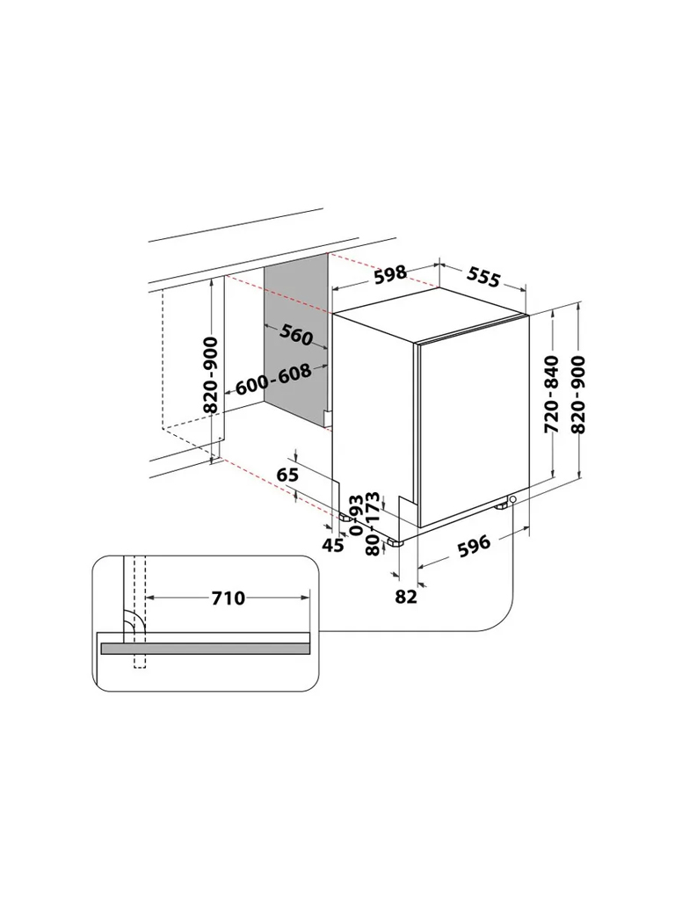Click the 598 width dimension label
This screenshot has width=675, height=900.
(390, 274)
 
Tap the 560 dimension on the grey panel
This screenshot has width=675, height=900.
(297, 335)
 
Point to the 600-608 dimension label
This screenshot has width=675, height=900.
(274, 380)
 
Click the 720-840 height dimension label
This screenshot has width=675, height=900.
(551, 395)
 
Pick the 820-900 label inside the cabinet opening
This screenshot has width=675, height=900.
(211, 374)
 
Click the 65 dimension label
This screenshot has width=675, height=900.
(287, 475)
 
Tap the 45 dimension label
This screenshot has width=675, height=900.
(333, 545)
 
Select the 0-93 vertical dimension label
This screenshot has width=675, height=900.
(356, 515)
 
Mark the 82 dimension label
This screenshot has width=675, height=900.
(406, 597)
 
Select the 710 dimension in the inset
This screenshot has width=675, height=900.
(229, 598)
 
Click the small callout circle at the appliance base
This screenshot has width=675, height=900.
(512, 499)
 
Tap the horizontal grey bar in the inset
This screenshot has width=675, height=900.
(205, 649)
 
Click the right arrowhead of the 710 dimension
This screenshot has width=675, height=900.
(305, 598)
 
